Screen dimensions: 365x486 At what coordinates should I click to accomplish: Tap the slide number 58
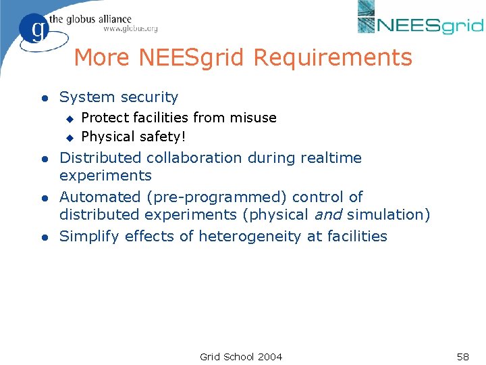(462, 356)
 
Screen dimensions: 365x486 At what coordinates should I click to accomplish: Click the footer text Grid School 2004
(241, 356)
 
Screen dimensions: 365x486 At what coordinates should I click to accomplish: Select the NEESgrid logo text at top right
(430, 26)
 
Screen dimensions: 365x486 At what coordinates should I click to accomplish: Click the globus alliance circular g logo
(34, 30)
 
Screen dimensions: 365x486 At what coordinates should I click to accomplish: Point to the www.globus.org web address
(130, 28)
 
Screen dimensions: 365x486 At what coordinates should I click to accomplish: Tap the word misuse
(252, 118)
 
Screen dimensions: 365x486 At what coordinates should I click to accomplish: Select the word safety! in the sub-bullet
(162, 137)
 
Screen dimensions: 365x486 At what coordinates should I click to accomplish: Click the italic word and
(329, 215)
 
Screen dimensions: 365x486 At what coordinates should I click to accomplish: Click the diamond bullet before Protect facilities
(68, 119)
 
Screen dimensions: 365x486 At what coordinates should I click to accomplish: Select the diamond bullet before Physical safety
(68, 138)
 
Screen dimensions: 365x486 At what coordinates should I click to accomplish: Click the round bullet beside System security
(43, 99)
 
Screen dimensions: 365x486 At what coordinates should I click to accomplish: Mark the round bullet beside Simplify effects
(43, 237)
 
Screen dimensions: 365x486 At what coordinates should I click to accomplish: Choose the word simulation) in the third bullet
(389, 215)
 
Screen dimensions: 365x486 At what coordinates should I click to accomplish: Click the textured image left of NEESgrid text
(366, 17)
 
